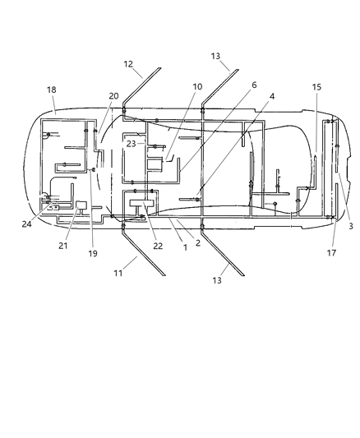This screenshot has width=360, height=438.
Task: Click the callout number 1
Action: click(185, 247)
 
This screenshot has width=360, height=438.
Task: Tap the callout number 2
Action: click(197, 242)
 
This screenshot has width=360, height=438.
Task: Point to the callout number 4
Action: click(272, 96)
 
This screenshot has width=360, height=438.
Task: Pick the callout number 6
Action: click(254, 85)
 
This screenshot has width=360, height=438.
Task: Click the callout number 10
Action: click(197, 86)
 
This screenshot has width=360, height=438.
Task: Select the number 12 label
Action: click(128, 63)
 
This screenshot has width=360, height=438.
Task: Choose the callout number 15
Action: click(316, 87)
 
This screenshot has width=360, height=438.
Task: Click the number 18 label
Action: click(52, 89)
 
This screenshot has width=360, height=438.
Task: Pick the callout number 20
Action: click(113, 96)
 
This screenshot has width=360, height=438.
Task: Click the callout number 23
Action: click(132, 144)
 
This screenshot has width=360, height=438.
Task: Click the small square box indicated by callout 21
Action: click(81, 205)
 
